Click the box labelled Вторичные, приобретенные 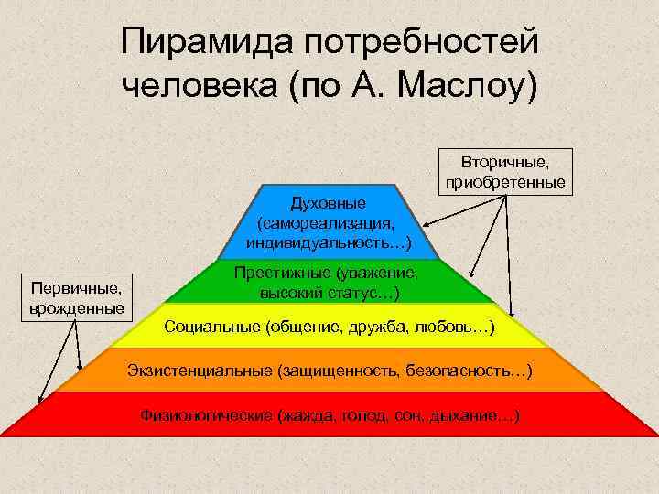click(x=505, y=171)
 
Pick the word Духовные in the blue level click(x=328, y=202)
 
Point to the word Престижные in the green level click(x=281, y=273)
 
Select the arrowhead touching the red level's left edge click(x=40, y=399)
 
